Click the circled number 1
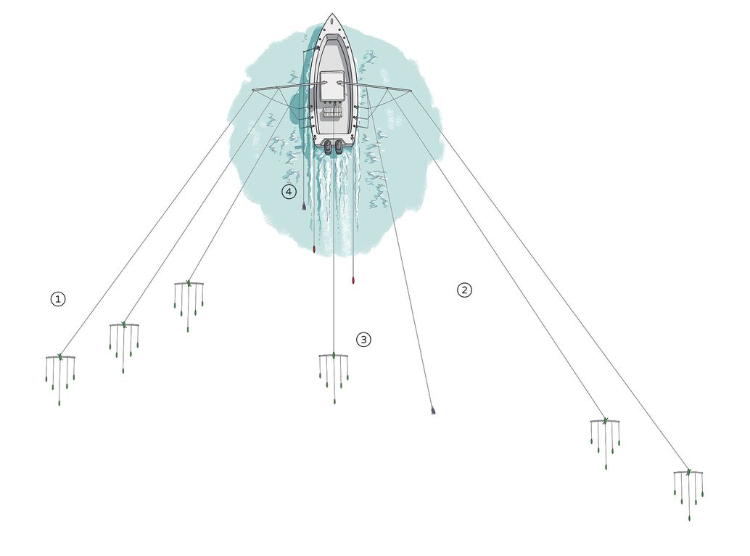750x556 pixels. coord(58,298)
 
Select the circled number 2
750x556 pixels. coord(464,290)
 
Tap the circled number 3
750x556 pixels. coord(363,339)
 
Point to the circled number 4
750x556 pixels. coord(289,192)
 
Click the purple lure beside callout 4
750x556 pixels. coord(304,207)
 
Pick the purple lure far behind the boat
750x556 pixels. coord(433,411)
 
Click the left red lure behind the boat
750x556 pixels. coord(313,250)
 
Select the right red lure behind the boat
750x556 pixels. coord(353,279)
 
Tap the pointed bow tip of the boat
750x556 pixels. coord(332,15)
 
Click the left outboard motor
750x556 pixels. coord(328,147)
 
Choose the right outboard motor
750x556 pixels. coord(339,147)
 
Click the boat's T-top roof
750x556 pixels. coord(333,86)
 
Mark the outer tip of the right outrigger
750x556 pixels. coord(411,91)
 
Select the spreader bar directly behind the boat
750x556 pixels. coord(334,356)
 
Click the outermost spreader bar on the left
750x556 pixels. coord(60,358)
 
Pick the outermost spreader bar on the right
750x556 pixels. coord(688,473)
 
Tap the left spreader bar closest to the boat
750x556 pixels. coord(189,284)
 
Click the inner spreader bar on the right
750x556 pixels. coord(605,422)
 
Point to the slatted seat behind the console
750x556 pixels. coord(332,113)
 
